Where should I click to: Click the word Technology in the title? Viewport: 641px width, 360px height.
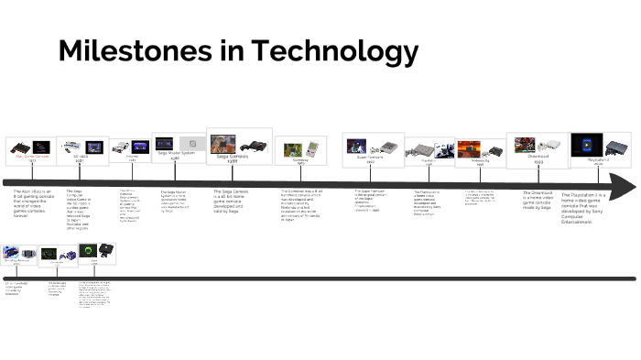click(x=336, y=51)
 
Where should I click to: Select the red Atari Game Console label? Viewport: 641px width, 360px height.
click(x=26, y=158)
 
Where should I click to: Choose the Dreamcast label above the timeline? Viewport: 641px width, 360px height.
click(x=538, y=157)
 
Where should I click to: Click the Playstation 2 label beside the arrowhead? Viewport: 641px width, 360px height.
click(x=594, y=161)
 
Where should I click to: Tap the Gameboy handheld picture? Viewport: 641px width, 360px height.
click(x=299, y=147)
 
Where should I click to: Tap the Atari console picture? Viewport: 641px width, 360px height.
click(x=17, y=147)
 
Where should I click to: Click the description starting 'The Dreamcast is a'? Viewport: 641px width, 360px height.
click(x=539, y=202)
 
